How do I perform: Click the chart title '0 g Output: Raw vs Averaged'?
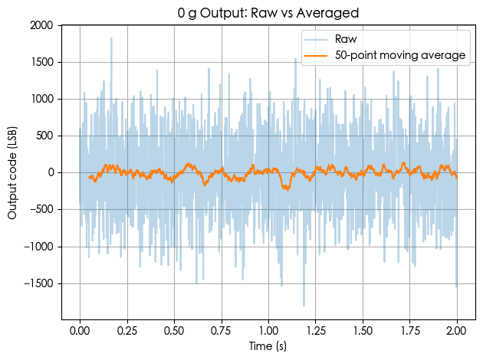tap(268, 13)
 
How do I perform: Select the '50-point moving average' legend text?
tap(401, 56)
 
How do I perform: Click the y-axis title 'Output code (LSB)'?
tap(13, 172)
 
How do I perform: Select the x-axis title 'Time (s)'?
tap(268, 347)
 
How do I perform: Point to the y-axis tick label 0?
tap(51, 173)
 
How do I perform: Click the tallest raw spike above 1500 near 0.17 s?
tap(111, 39)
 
